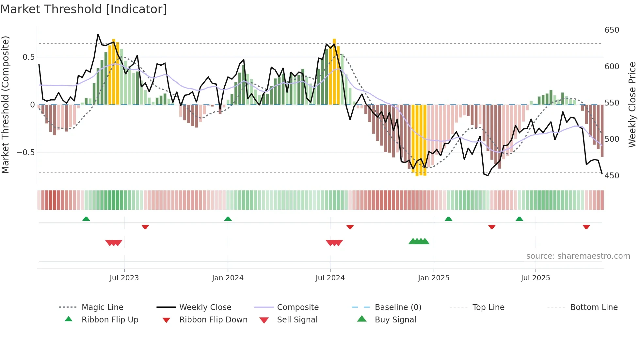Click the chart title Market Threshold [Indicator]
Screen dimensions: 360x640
pyautogui.click(x=84, y=9)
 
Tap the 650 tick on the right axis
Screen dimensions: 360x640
pyautogui.click(x=612, y=30)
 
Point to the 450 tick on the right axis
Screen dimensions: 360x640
pyautogui.click(x=612, y=176)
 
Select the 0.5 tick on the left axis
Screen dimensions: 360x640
pyautogui.click(x=28, y=57)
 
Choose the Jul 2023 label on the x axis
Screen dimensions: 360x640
pyautogui.click(x=124, y=278)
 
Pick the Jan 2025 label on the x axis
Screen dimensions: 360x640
pyautogui.click(x=433, y=278)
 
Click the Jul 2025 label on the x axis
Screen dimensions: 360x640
pyautogui.click(x=535, y=278)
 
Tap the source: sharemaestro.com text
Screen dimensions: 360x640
pyautogui.click(x=578, y=256)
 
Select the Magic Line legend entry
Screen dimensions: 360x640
pyautogui.click(x=102, y=307)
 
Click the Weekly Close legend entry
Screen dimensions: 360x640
pyautogui.click(x=205, y=307)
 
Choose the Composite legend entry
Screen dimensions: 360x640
pyautogui.click(x=297, y=307)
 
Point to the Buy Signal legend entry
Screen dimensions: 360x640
pyautogui.click(x=395, y=320)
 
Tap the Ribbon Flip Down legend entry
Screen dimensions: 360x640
pyautogui.click(x=213, y=320)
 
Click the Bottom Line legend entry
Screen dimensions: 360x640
pyautogui.click(x=594, y=307)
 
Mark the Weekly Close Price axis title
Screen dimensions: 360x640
pyautogui.click(x=632, y=105)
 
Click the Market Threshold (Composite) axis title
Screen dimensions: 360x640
pyautogui.click(x=5, y=105)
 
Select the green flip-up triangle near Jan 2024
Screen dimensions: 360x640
pyautogui.click(x=228, y=219)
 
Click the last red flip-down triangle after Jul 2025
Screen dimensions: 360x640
pyautogui.click(x=586, y=227)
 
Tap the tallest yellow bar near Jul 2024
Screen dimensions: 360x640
pyautogui.click(x=334, y=72)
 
